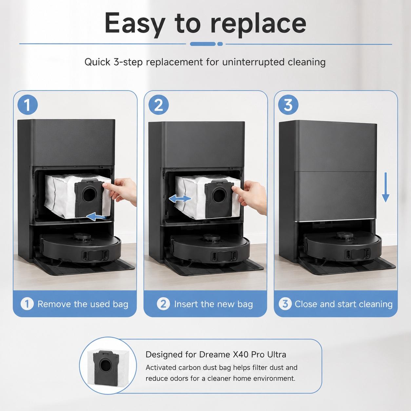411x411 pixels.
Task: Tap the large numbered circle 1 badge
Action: click(x=28, y=105)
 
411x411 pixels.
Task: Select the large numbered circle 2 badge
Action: click(x=159, y=105)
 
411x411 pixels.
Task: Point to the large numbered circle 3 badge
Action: click(x=288, y=105)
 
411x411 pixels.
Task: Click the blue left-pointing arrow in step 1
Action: click(x=96, y=217)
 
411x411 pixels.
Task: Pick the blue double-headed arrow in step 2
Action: click(x=180, y=199)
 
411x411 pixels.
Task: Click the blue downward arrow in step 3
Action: click(x=385, y=187)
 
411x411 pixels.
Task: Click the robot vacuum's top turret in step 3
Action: click(x=344, y=235)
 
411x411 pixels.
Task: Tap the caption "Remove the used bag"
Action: click(x=83, y=304)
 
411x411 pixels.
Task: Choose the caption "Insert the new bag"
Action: click(x=213, y=304)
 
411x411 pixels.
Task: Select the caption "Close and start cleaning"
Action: click(x=343, y=304)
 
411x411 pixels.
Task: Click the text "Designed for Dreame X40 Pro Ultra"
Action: click(x=216, y=355)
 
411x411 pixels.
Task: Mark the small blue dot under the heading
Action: click(x=220, y=44)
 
